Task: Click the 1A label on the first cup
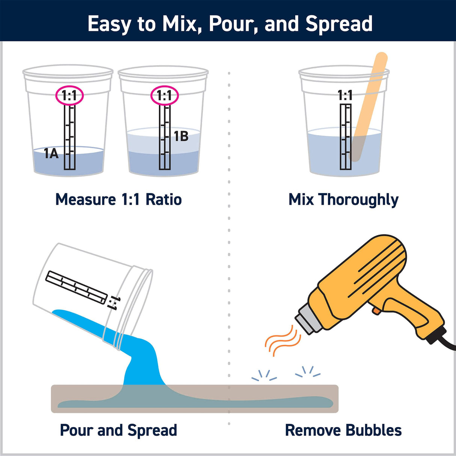point(51,153)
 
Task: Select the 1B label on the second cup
point(181,136)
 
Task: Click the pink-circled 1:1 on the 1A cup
point(69,96)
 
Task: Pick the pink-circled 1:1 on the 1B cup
point(165,96)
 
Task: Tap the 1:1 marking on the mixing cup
point(345,95)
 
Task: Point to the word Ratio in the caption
point(163,199)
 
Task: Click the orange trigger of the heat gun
point(375,310)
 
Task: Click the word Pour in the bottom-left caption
point(77,430)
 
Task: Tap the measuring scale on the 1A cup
point(69,137)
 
